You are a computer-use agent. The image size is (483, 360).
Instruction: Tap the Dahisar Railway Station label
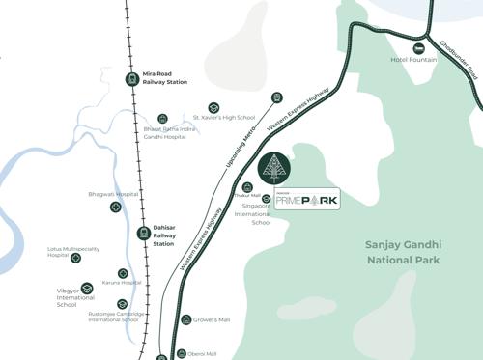coord(163,235)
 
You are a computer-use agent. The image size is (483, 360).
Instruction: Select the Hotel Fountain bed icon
coord(419,48)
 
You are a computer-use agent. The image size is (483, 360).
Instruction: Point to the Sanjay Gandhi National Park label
coord(395,252)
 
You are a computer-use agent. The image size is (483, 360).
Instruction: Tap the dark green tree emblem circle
coord(276,167)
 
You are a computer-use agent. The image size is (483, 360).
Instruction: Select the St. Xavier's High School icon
coord(213,107)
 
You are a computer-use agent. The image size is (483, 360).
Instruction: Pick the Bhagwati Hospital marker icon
coord(116,207)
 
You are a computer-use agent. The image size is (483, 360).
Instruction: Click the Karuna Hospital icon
coord(123,273)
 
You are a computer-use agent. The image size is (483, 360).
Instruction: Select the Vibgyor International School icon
coord(86,289)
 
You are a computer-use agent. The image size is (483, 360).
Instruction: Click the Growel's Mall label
coord(212,319)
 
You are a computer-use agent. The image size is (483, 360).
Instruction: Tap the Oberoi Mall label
coord(204,353)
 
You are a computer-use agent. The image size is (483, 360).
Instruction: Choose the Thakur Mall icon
coord(247,187)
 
